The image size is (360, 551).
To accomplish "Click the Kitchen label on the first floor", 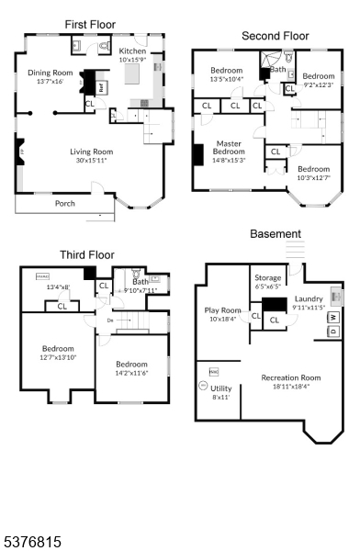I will (132, 51).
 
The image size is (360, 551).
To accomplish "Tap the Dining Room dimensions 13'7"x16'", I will (49, 82).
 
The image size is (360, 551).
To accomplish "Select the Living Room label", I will (92, 151).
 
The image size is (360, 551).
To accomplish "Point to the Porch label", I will (65, 203).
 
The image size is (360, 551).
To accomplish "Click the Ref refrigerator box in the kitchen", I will (100, 84).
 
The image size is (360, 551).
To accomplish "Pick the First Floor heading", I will (90, 24).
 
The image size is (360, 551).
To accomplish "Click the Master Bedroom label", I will (229, 143).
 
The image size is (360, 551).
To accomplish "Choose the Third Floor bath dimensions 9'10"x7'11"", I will (141, 290).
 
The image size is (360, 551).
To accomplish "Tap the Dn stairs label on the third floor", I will (110, 320).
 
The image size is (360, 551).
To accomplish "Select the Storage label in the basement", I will (268, 276).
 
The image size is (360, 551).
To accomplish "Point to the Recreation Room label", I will (291, 377).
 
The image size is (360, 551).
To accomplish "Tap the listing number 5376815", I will (32, 543).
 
